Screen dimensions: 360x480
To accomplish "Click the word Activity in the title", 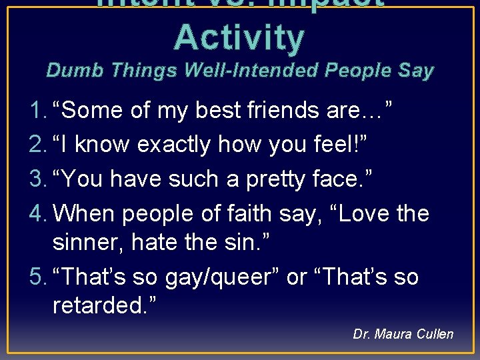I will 239,37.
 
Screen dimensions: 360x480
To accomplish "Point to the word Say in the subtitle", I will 415,70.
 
